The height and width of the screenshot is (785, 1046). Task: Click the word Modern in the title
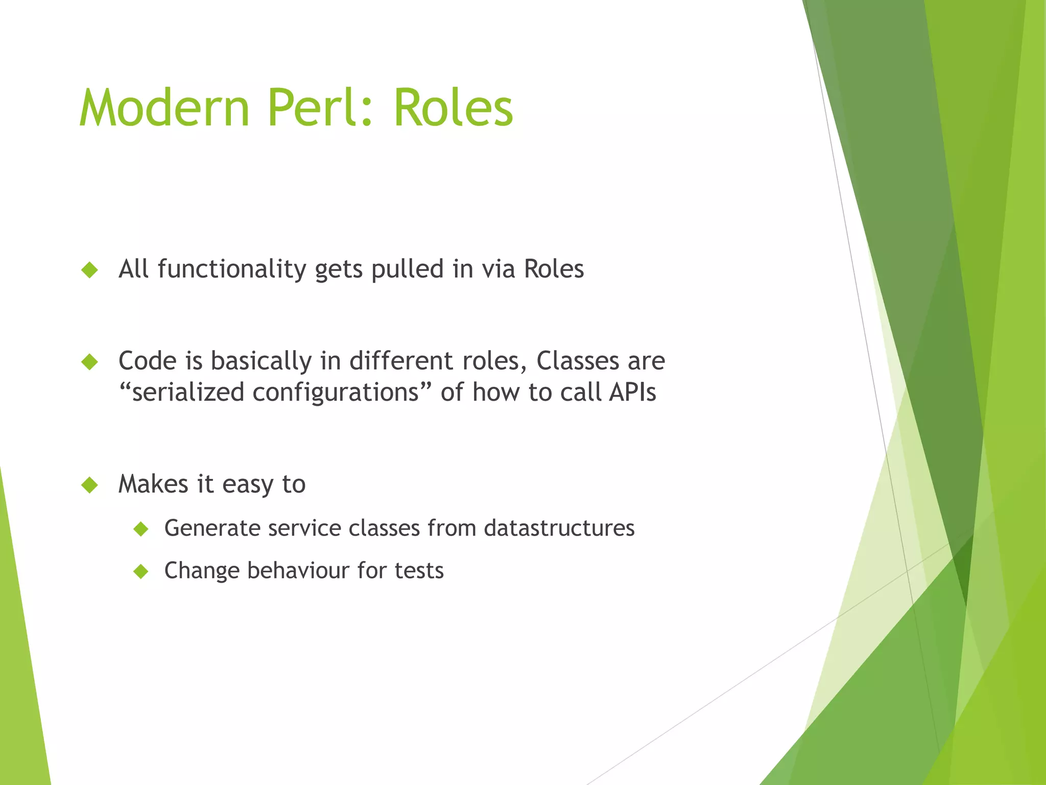[164, 108]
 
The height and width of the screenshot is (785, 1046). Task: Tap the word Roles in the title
[453, 108]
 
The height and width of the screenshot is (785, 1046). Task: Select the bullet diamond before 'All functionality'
[89, 269]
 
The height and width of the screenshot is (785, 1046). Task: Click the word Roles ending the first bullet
[554, 269]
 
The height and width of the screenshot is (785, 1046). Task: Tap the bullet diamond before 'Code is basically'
[89, 362]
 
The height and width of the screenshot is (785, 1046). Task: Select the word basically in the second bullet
[261, 361]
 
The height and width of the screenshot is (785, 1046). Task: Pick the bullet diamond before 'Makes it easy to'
[89, 484]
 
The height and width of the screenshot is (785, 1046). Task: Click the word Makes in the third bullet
[153, 484]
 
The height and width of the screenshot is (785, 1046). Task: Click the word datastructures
[559, 528]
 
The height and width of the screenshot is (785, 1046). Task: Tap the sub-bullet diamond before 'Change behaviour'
[140, 571]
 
